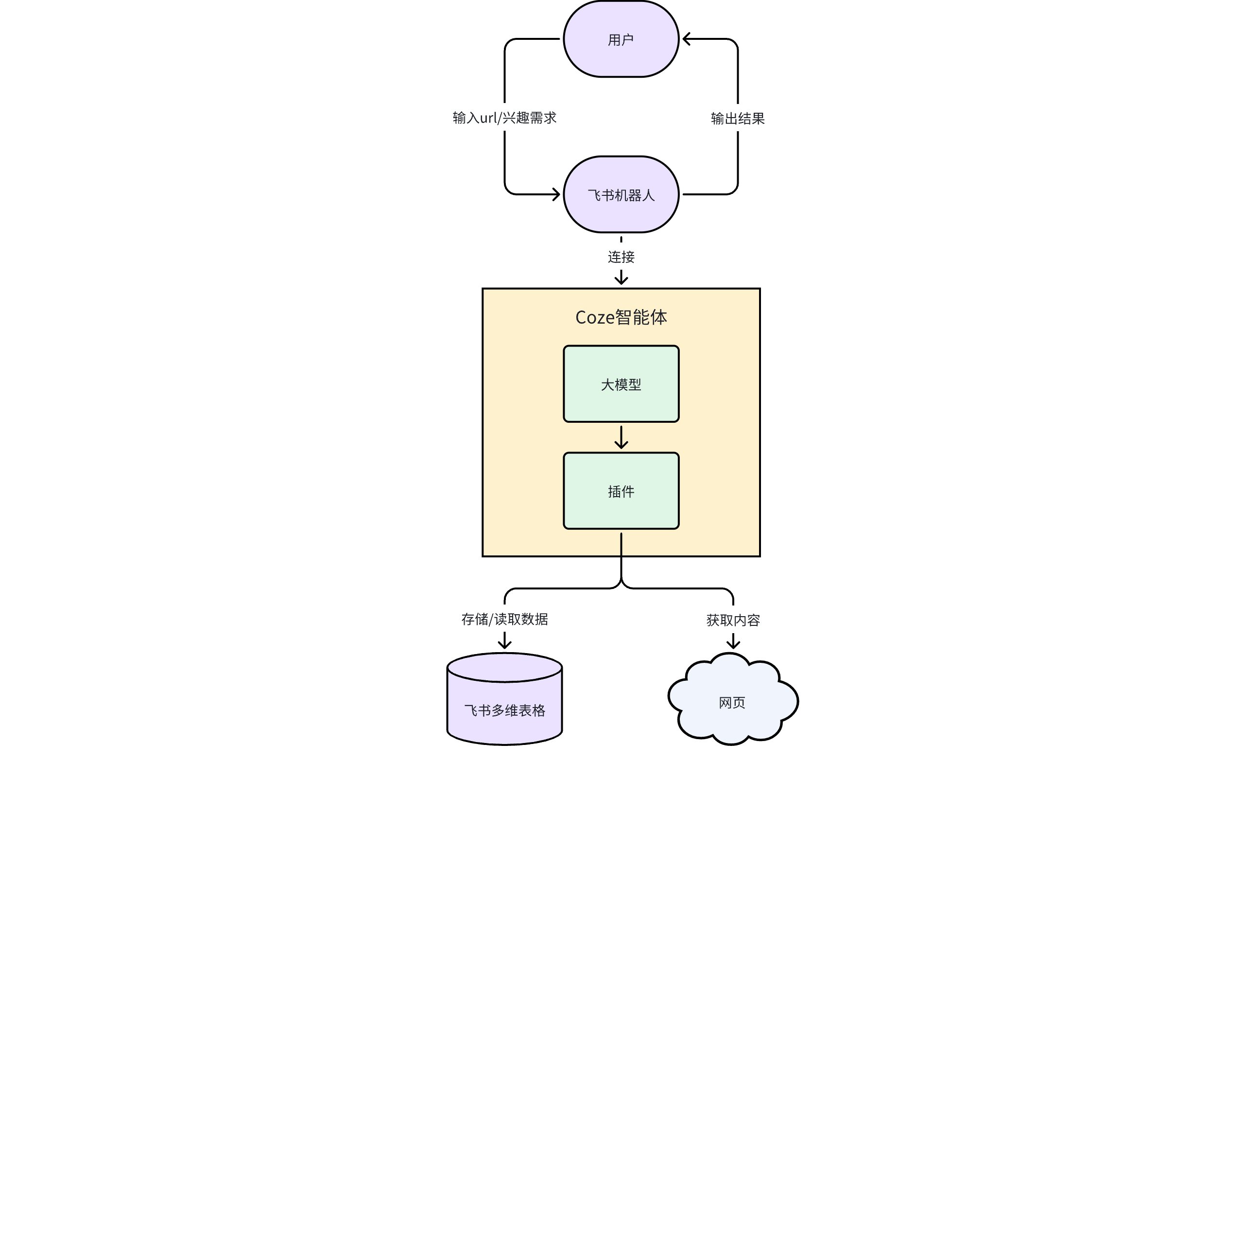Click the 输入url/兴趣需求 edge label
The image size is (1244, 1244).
505,118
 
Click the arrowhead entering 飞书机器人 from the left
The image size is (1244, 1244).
556,194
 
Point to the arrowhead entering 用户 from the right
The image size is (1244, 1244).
687,39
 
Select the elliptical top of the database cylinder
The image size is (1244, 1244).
505,668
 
